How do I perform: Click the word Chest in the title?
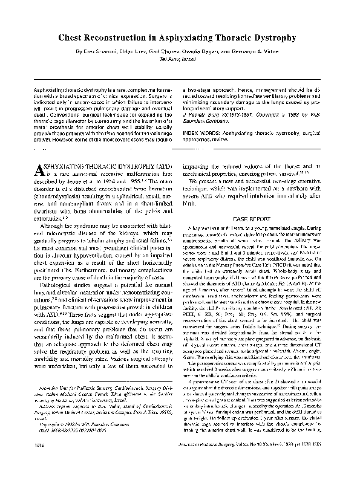(x=71, y=38)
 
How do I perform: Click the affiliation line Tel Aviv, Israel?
(x=180, y=60)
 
